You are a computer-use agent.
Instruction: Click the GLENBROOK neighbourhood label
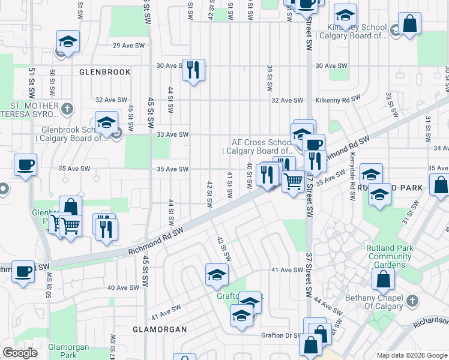pos(105,72)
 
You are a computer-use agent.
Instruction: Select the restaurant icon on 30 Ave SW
pos(193,70)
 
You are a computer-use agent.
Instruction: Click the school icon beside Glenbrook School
pos(107,122)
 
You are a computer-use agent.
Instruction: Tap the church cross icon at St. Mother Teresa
pos(68,109)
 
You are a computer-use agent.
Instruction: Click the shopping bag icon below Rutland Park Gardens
pos(383,279)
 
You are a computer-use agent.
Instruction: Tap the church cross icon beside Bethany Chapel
pos(412,301)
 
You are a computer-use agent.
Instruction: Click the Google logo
pos(20,353)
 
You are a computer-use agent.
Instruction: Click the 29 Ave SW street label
pos(129,46)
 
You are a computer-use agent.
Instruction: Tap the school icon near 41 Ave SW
pos(217,274)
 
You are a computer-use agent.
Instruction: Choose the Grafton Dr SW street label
pos(279,335)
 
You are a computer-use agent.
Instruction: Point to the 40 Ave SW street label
pos(123,288)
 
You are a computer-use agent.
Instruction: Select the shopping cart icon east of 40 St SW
pos(293,181)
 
